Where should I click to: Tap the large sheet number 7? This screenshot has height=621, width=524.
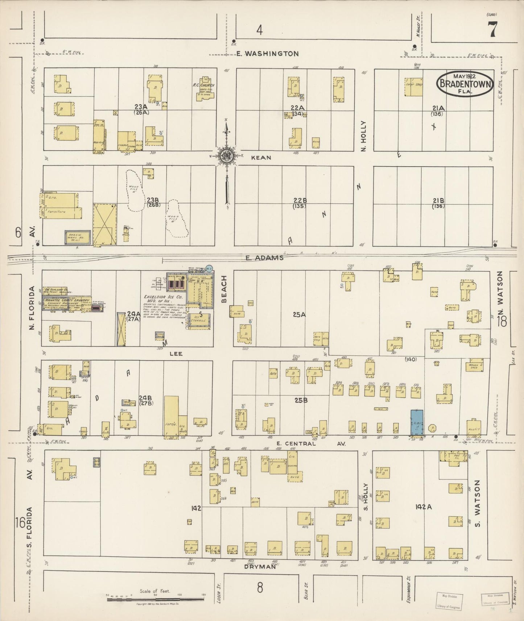492,30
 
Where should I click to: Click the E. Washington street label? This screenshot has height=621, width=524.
268,54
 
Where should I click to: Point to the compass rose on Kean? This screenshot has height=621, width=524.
227,156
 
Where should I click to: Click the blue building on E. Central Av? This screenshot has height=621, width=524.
417,423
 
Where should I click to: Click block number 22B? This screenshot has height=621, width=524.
300,200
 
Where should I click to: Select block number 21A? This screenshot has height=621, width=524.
438,108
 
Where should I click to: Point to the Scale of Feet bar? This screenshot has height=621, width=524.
156,599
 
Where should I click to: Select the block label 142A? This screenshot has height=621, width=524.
423,507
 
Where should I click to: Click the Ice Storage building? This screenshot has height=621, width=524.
199,321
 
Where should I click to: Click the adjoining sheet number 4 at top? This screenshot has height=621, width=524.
259,30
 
